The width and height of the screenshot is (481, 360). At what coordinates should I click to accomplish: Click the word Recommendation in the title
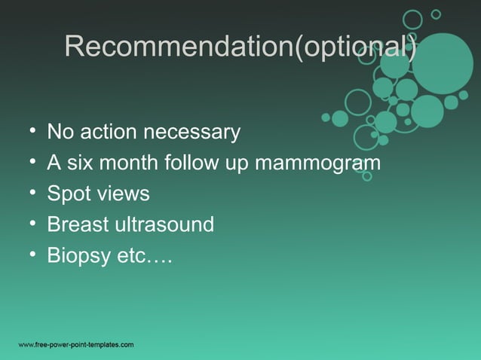pyautogui.click(x=178, y=47)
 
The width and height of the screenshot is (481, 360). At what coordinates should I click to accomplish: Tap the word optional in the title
pyautogui.click(x=354, y=47)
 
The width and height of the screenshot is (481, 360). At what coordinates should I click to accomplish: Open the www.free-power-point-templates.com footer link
pyautogui.click(x=76, y=345)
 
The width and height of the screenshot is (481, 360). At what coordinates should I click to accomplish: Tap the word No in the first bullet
pyautogui.click(x=60, y=133)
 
